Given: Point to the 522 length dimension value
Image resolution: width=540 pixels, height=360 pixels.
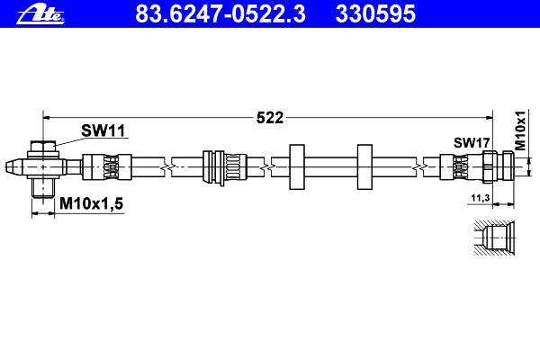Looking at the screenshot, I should click(x=270, y=117).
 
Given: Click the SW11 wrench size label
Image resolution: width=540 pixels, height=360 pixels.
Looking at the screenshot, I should click(x=103, y=131).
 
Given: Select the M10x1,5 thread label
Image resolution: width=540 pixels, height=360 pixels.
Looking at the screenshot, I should click(x=90, y=205).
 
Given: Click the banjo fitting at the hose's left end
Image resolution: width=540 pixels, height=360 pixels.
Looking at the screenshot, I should click(x=43, y=166).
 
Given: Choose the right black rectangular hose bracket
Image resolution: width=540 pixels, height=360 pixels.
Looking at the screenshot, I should click(x=364, y=166).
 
